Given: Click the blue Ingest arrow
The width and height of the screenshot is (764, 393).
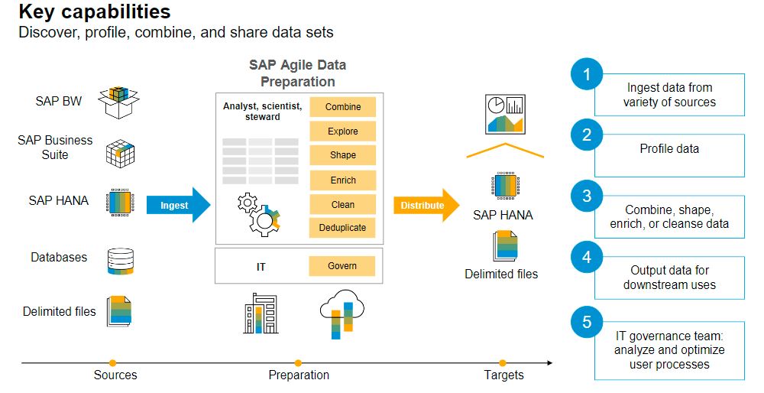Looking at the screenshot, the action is point(178,205).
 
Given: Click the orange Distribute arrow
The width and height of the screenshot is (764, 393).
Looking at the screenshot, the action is point(426,205).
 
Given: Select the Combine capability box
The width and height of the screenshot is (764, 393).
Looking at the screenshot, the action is point(342,107).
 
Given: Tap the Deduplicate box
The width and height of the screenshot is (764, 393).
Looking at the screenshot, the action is point(342,228).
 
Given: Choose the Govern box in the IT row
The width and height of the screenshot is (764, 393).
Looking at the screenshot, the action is point(342,266).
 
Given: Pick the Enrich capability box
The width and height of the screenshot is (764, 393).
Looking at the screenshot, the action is point(342,180).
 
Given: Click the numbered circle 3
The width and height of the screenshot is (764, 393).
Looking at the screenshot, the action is point(587,196).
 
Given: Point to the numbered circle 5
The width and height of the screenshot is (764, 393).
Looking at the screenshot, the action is point(587,323).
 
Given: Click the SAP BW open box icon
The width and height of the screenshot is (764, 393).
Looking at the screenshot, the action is point(118,102).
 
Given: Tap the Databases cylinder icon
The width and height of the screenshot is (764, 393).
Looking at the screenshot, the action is point(121,261).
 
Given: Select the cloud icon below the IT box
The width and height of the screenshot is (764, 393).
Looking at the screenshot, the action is point(342,313).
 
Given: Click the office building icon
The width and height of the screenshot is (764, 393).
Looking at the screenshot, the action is point(261,313).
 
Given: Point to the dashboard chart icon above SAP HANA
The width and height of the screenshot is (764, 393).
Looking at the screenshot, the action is point(505,114).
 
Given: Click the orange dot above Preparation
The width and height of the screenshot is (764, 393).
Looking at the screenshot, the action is point(298,362).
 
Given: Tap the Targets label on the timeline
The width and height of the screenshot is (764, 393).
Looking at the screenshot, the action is point(503,375).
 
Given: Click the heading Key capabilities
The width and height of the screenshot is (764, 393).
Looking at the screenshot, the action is point(95,11).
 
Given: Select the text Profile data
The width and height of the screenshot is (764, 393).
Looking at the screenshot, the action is point(669,149).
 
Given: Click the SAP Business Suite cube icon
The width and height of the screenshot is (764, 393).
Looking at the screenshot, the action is point(121,153).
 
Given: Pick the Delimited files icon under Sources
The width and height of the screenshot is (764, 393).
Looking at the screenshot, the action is point(120,310).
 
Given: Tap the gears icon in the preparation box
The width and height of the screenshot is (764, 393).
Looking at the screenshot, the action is point(259,215).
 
